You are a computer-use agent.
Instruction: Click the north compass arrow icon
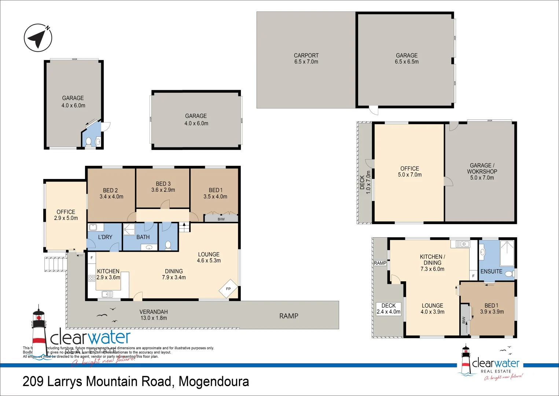[x=38, y=38]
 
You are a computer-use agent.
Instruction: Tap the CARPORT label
[x=306, y=55]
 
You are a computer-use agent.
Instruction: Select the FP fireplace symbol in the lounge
[x=228, y=289]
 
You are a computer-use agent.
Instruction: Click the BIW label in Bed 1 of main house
[x=221, y=219]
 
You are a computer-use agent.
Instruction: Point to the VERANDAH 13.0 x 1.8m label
[x=154, y=315]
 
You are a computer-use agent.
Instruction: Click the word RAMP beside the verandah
[x=288, y=316]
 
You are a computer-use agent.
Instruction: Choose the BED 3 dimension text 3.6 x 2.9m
[x=163, y=190]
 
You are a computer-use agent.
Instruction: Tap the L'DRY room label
[x=105, y=237]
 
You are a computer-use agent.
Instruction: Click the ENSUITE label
[x=491, y=271]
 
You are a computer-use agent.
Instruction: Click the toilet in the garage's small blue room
[x=88, y=142]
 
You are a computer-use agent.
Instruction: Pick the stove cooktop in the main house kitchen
[x=92, y=278]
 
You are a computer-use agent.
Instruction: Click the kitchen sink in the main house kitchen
[x=107, y=294]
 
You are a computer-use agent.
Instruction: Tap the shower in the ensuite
[x=507, y=253]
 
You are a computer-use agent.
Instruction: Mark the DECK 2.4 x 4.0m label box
[x=389, y=309]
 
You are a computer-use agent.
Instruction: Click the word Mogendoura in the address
[x=214, y=382]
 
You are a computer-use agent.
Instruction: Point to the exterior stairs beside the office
[x=56, y=264]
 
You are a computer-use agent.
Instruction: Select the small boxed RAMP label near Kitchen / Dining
[x=380, y=263]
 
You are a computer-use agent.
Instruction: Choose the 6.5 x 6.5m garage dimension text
[x=407, y=62]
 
